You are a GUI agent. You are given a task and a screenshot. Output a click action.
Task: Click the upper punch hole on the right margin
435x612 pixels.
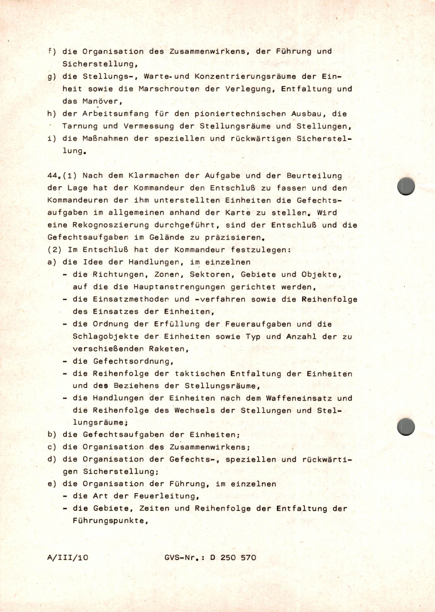[406, 186]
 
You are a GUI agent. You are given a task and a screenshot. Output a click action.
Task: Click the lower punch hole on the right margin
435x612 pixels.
[406, 427]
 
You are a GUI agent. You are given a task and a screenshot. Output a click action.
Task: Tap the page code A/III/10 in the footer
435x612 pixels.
[67, 557]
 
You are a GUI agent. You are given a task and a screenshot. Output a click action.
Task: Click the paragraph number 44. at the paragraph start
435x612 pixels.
[53, 176]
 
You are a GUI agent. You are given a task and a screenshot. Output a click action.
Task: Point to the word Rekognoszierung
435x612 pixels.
[111, 225]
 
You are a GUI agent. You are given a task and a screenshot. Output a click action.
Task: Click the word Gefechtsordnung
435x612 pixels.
[133, 361]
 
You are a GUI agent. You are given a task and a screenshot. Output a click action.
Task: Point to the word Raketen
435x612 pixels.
[169, 349]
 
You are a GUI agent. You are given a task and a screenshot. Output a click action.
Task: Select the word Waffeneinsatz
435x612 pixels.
[299, 398]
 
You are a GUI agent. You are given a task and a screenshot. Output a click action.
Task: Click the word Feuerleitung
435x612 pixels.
[166, 496]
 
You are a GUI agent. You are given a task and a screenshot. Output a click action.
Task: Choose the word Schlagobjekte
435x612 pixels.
[106, 337]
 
